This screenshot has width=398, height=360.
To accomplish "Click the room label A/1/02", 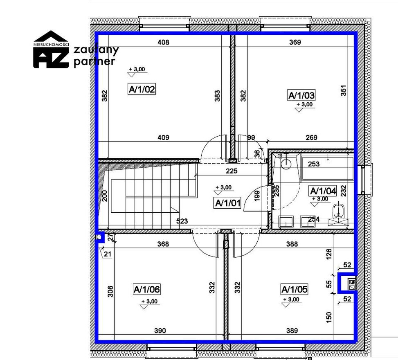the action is click(142, 89).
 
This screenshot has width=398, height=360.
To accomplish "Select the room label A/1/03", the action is click(301, 95).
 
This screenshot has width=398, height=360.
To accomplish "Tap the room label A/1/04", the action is click(323, 191).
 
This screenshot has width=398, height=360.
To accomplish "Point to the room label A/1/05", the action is click(295, 289).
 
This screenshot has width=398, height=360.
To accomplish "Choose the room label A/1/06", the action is click(147, 289).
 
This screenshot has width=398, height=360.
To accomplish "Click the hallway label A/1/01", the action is click(227, 203).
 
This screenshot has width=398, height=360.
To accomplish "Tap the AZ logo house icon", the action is click(51, 49).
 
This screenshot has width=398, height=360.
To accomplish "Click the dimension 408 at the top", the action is click(163, 42).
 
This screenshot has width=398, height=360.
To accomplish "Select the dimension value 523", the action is click(182, 221).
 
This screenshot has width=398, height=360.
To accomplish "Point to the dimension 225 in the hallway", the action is click(232, 171).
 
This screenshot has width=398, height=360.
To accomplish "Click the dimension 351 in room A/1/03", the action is click(343, 90).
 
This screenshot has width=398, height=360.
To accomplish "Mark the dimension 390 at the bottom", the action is click(160, 331).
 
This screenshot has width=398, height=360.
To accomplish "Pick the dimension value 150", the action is click(329, 317).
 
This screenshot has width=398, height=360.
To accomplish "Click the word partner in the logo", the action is click(94, 62).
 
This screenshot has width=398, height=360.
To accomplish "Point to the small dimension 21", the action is click(108, 254).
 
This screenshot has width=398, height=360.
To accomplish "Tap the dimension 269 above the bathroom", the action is click(311, 137).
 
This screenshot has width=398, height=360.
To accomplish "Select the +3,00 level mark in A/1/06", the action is click(149, 301).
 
